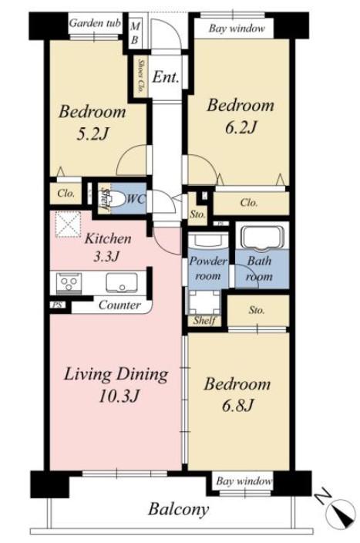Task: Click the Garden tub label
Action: tap(95, 23)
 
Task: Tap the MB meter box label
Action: tap(135, 33)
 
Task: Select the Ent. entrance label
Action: tap(166, 76)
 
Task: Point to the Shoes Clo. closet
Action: tap(141, 76)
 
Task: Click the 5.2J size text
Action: tap(93, 133)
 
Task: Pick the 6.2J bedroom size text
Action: tap(241, 127)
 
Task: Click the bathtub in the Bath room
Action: tap(262, 238)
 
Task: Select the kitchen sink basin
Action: tap(122, 282)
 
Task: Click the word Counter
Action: tap(119, 305)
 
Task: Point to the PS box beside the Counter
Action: tap(58, 305)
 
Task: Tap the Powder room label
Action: tap(207, 268)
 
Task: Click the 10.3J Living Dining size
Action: tap(119, 396)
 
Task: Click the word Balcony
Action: tap(179, 509)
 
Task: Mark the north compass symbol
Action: tap(343, 513)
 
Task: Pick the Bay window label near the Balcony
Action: tap(244, 481)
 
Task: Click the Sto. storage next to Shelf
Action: tap(256, 310)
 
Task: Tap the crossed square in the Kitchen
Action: tap(68, 224)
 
